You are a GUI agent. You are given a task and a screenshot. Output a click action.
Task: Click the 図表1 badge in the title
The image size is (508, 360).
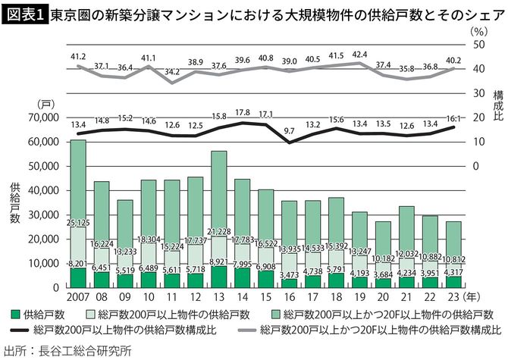[24, 14]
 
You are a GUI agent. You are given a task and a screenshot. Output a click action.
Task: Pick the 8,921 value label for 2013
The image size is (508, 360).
[219, 261]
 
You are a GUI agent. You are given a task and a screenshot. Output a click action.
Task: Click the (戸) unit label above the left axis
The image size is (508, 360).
[43, 103]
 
